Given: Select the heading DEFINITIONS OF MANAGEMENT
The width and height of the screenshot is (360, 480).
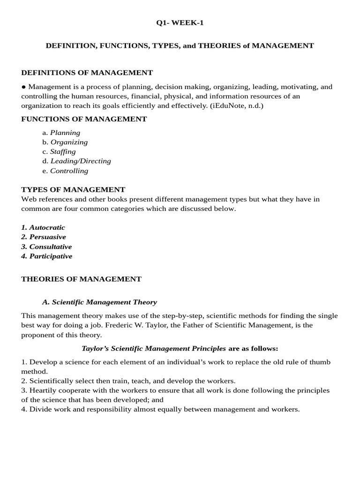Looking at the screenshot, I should click(x=87, y=73).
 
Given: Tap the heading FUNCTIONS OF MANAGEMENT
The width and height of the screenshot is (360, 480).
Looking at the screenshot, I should click(x=84, y=119).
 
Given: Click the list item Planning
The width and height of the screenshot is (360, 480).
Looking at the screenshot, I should click(x=65, y=133).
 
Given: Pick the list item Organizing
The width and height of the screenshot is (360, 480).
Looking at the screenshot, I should click(x=69, y=142).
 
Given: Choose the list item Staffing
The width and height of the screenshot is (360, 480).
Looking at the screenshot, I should click(x=63, y=151).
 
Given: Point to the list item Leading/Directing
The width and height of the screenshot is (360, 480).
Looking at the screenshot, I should click(x=81, y=161).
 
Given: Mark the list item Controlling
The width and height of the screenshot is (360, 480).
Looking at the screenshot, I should click(x=69, y=171).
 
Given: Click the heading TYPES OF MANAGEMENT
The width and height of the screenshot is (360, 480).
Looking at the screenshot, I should click(x=74, y=189).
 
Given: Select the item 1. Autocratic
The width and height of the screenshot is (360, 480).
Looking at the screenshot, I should click(x=44, y=227).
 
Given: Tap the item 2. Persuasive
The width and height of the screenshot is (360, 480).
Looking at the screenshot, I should click(x=44, y=237).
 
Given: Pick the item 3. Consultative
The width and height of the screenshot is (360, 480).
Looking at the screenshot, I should click(x=47, y=247).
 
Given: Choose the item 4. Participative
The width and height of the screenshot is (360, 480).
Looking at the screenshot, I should click(x=47, y=256).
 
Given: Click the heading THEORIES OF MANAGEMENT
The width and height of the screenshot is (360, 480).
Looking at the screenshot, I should click(x=82, y=279).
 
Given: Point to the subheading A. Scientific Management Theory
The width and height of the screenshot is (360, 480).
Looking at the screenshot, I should click(x=99, y=302).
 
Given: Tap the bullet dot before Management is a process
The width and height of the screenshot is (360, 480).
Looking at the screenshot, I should click(x=24, y=87).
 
